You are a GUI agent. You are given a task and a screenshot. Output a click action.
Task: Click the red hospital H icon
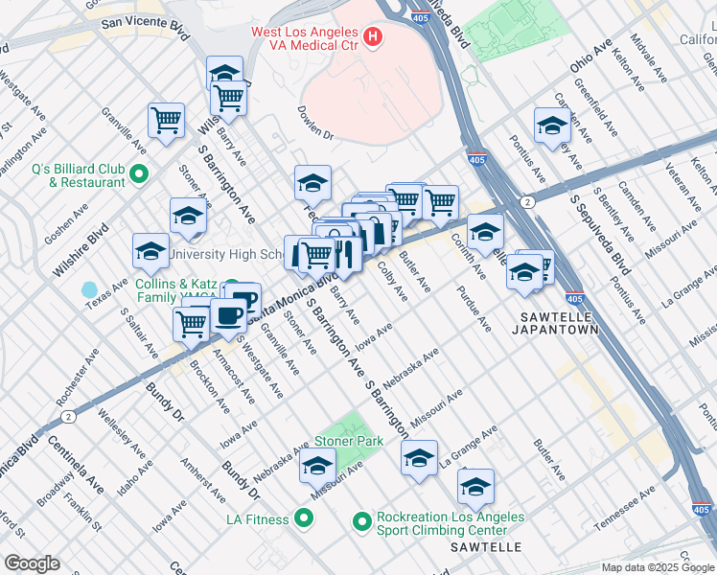click(373, 39)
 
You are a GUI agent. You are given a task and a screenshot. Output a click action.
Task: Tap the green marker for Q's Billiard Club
click(139, 173)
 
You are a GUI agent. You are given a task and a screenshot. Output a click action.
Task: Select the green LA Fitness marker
click(305, 519)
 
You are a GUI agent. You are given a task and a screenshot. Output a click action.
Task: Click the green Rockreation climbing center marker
click(361, 522)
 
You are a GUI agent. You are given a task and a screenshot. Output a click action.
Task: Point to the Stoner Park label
click(349, 441)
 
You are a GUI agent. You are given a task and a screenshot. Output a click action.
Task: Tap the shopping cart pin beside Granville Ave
click(166, 121)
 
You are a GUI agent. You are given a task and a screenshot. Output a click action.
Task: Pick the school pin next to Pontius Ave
click(551, 126)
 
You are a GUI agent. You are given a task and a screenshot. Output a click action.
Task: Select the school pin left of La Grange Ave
click(419, 458)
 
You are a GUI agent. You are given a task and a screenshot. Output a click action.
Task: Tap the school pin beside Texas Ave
click(150, 251)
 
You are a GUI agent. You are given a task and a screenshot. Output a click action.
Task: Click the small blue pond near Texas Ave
click(90, 289)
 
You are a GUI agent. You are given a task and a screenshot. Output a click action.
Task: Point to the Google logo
click(32, 563)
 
